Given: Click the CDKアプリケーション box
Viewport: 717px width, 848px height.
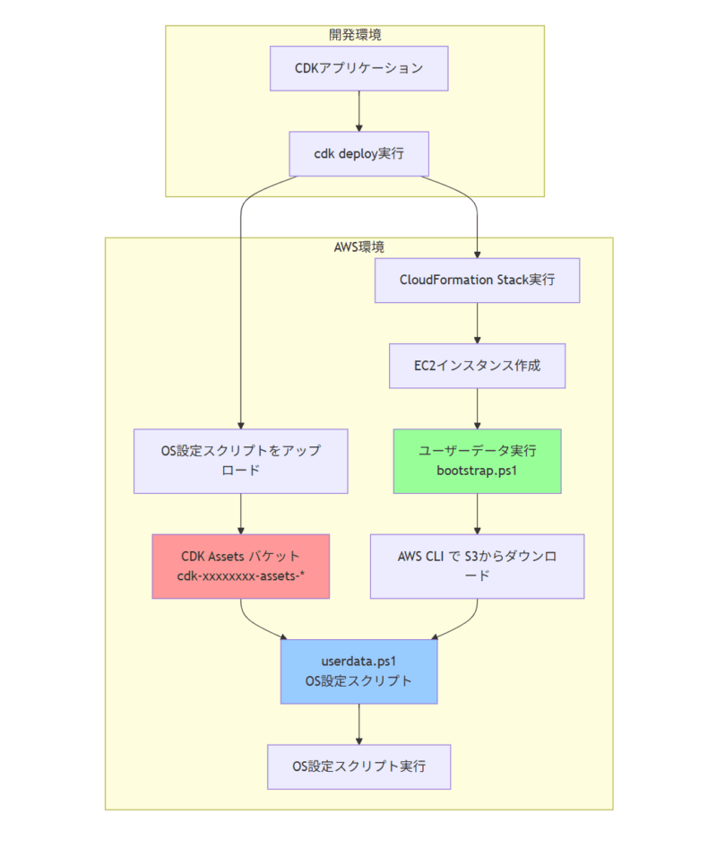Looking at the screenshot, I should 358,68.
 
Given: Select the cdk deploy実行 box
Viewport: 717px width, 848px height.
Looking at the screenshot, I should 358,154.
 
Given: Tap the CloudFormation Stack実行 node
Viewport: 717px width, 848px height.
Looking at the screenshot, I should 477,280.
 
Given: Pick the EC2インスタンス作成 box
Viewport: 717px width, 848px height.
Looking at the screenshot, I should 477,366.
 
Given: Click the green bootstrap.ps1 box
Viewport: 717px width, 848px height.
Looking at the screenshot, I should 477,461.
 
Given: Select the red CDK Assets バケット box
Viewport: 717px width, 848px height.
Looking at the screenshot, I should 240,567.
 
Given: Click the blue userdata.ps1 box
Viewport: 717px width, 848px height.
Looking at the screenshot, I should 358,671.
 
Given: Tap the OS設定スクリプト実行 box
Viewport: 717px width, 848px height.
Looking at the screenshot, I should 358,766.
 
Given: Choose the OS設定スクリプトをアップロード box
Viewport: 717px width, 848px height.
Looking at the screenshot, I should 240,461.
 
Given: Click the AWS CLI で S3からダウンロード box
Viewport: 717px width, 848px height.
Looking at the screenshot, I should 477,567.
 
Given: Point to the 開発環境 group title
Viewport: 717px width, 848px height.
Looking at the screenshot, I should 355,36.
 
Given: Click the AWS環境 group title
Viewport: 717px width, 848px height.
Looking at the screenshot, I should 358,247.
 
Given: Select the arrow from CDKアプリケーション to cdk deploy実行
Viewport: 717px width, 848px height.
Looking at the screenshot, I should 358,111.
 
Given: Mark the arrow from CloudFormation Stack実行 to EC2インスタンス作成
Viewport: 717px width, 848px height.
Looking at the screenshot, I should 477,323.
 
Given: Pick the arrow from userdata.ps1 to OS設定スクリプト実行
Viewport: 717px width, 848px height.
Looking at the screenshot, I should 358,723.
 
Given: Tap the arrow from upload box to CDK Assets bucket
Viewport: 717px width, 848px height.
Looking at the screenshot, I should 240,514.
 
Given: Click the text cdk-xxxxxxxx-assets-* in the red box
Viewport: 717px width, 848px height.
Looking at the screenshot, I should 240,576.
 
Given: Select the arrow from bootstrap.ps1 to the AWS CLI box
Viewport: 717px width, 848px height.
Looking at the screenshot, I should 477,514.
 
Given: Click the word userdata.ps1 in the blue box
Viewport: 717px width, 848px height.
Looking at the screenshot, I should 358,662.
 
